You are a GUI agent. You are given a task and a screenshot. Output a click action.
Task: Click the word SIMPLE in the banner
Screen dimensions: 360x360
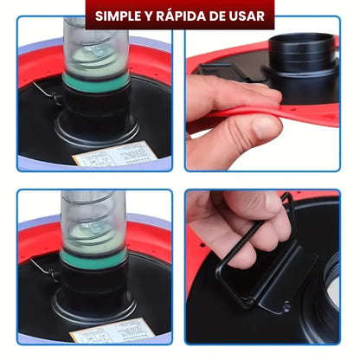click(118, 16)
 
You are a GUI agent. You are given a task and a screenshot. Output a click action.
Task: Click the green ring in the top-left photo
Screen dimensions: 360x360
click(95, 82)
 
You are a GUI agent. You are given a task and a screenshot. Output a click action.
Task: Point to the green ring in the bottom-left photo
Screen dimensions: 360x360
click(93, 259)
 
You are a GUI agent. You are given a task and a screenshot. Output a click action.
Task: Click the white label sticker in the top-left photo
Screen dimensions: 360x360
click(115, 155)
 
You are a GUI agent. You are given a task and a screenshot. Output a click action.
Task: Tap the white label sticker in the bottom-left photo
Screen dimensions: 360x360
click(113, 331)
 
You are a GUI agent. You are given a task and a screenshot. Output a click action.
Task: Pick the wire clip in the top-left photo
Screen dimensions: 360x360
click(48, 93)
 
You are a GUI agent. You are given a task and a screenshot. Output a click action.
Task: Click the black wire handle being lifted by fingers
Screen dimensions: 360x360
click(254, 245)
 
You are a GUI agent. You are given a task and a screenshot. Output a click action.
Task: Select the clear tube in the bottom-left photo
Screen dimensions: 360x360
click(93, 222)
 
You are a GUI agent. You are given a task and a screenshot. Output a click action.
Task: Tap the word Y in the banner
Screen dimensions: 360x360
click(149, 16)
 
